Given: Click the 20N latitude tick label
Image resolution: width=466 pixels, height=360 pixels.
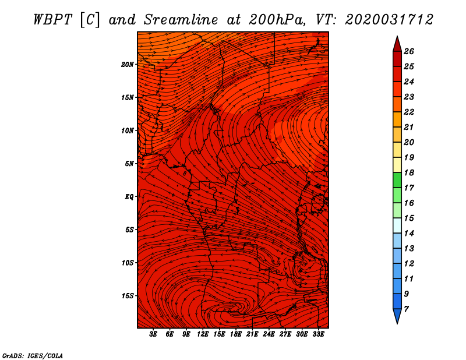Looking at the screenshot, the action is pyautogui.click(x=128, y=65).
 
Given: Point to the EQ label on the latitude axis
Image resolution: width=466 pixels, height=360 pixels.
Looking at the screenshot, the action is pyautogui.click(x=129, y=197).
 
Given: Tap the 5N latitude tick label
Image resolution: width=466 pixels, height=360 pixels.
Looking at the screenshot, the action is pyautogui.click(x=129, y=164).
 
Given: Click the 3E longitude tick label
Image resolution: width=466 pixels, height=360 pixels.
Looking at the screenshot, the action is pyautogui.click(x=153, y=334).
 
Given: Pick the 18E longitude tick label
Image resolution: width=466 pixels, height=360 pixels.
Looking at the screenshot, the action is pyautogui.click(x=236, y=334).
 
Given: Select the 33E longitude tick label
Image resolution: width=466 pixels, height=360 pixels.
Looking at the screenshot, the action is pyautogui.click(x=318, y=334).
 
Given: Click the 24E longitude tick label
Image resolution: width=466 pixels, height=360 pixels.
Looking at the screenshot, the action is pyautogui.click(x=269, y=334).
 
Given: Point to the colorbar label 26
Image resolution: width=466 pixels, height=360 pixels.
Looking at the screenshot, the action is pyautogui.click(x=409, y=51).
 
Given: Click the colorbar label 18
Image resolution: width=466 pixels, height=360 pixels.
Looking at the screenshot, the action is pyautogui.click(x=409, y=172).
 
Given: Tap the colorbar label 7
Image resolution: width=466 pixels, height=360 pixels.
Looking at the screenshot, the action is pyautogui.click(x=406, y=309).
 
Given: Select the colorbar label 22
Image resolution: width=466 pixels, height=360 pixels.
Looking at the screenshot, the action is pyautogui.click(x=409, y=112).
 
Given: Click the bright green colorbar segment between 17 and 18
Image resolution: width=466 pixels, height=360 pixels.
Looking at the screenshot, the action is pyautogui.click(x=397, y=180).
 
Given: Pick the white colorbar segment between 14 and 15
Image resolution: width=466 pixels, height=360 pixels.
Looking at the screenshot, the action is pyautogui.click(x=397, y=225).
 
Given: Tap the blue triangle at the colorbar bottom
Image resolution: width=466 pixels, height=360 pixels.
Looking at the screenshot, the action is pyautogui.click(x=397, y=315).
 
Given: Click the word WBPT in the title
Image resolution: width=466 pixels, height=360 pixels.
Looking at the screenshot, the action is pyautogui.click(x=52, y=20).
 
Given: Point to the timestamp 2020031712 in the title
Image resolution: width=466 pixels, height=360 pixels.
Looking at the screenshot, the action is pyautogui.click(x=389, y=20).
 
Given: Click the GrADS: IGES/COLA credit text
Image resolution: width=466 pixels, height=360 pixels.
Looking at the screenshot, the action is pyautogui.click(x=33, y=356).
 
